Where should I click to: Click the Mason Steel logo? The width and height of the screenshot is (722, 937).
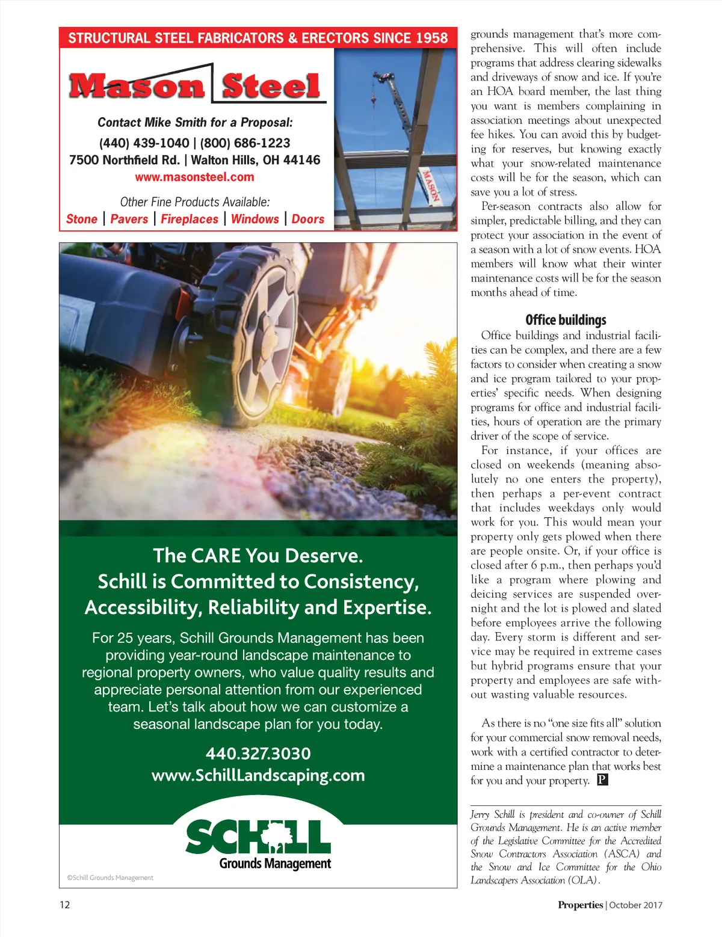pos(195,86)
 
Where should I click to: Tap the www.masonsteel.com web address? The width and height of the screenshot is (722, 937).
pos(194,177)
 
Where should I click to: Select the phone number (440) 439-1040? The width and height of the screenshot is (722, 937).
pos(144,143)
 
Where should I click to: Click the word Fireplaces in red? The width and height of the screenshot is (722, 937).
pos(190,220)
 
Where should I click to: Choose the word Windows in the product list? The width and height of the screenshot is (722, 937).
pos(255,220)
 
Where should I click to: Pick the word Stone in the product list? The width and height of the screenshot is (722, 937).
pos(82,220)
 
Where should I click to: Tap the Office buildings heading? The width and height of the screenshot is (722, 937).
pos(566,320)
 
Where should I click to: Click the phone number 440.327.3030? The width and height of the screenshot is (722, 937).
pos(258,754)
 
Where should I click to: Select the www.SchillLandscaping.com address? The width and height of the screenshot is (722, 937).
pos(258,776)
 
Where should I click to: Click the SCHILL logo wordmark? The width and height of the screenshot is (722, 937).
pos(258,837)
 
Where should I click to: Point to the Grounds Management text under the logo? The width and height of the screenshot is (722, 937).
pos(275,864)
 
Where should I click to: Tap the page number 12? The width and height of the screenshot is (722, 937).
pos(64,905)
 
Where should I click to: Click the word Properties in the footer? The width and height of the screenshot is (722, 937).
pos(580,905)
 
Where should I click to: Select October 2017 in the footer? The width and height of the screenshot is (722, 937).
pos(635,905)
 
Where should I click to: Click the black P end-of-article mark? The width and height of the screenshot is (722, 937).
pos(602,780)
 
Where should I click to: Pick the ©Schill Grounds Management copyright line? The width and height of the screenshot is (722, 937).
pos(110,878)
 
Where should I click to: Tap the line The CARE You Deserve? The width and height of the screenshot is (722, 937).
pos(258,556)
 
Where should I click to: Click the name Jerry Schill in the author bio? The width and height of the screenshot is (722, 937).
pos(492,815)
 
